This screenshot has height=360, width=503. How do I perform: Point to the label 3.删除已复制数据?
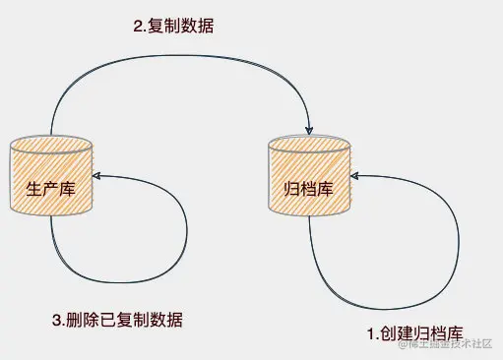[116, 321]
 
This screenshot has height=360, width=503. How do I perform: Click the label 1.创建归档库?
[414, 333]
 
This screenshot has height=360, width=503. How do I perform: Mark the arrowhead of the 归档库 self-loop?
[355, 175]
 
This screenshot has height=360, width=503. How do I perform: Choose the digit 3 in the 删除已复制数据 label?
[55, 321]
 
